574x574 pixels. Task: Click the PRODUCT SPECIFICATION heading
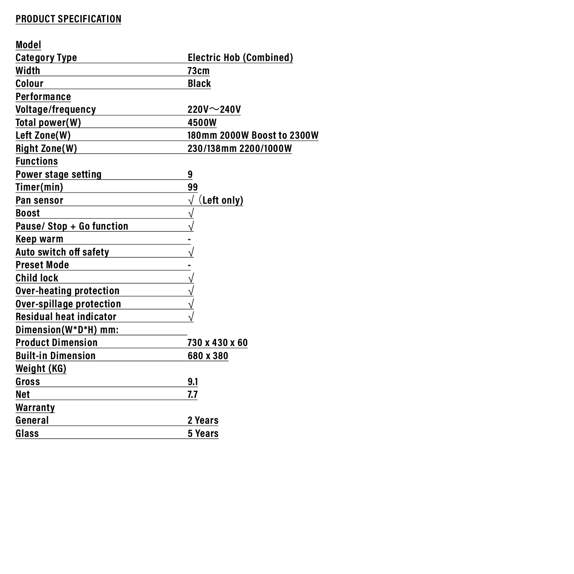(68, 19)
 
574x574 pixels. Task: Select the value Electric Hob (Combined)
(240, 57)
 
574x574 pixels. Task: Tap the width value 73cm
(198, 71)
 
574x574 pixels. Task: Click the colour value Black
(199, 83)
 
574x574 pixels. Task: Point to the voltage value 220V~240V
(214, 109)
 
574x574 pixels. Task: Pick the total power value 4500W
(202, 122)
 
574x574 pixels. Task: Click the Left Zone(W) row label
(43, 135)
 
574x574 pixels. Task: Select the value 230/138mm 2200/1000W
(240, 148)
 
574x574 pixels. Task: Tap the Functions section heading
(37, 161)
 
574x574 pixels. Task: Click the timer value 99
(193, 187)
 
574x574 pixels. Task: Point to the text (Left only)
(222, 200)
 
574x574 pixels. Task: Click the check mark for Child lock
(191, 278)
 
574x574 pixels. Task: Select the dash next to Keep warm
(189, 239)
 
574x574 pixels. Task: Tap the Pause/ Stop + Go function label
(72, 226)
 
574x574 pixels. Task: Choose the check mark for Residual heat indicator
(191, 317)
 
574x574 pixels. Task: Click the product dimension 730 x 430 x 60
(217, 342)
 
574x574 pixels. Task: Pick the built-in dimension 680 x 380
(208, 356)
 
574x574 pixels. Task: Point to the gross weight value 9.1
(193, 381)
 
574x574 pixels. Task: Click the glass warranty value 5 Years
(203, 433)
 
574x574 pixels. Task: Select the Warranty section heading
(35, 407)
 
